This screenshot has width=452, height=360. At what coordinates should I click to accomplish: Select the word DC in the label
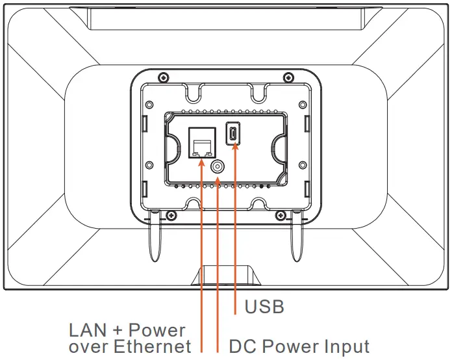pyautogui.click(x=242, y=347)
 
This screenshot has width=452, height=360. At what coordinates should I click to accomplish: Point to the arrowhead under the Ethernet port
pyautogui.click(x=202, y=162)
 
